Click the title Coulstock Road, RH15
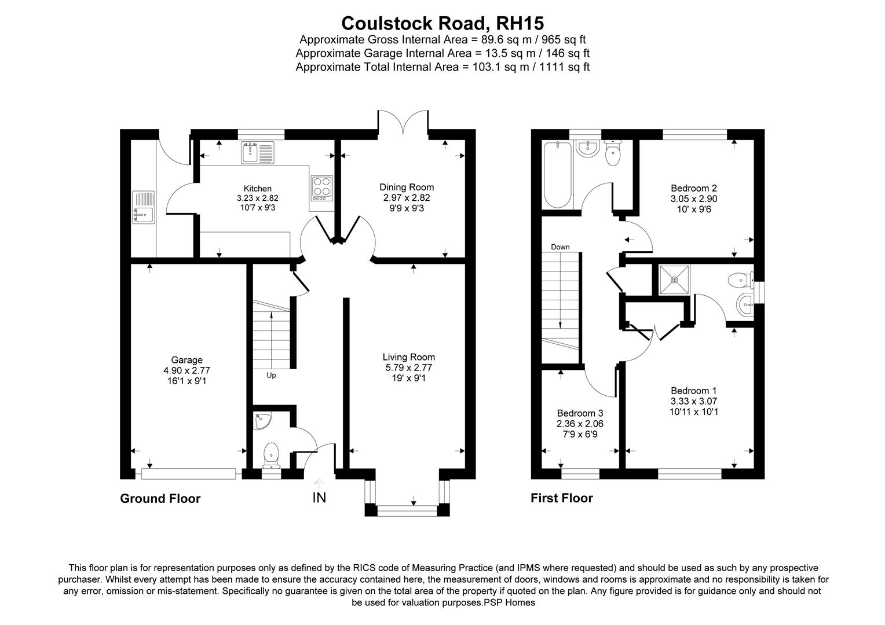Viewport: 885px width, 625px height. point(443,23)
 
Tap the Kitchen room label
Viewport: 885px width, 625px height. point(257,189)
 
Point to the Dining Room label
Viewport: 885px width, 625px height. point(407,187)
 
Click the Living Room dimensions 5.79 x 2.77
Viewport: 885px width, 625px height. point(408,367)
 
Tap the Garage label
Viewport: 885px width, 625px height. point(186,360)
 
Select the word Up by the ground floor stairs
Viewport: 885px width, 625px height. point(271,375)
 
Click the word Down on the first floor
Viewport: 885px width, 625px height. point(560,247)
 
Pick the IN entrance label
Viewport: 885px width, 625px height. point(319,498)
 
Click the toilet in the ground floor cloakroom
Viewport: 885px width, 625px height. point(271,454)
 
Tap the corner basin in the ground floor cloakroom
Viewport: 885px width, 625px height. point(262,421)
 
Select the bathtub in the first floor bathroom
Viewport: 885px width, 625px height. point(558,175)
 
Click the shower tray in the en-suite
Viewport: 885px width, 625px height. point(675,280)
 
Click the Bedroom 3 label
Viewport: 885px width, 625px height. point(580,413)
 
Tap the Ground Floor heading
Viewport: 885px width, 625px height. point(160,499)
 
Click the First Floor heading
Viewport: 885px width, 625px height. point(562,498)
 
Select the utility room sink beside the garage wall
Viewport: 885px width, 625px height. point(143,207)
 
